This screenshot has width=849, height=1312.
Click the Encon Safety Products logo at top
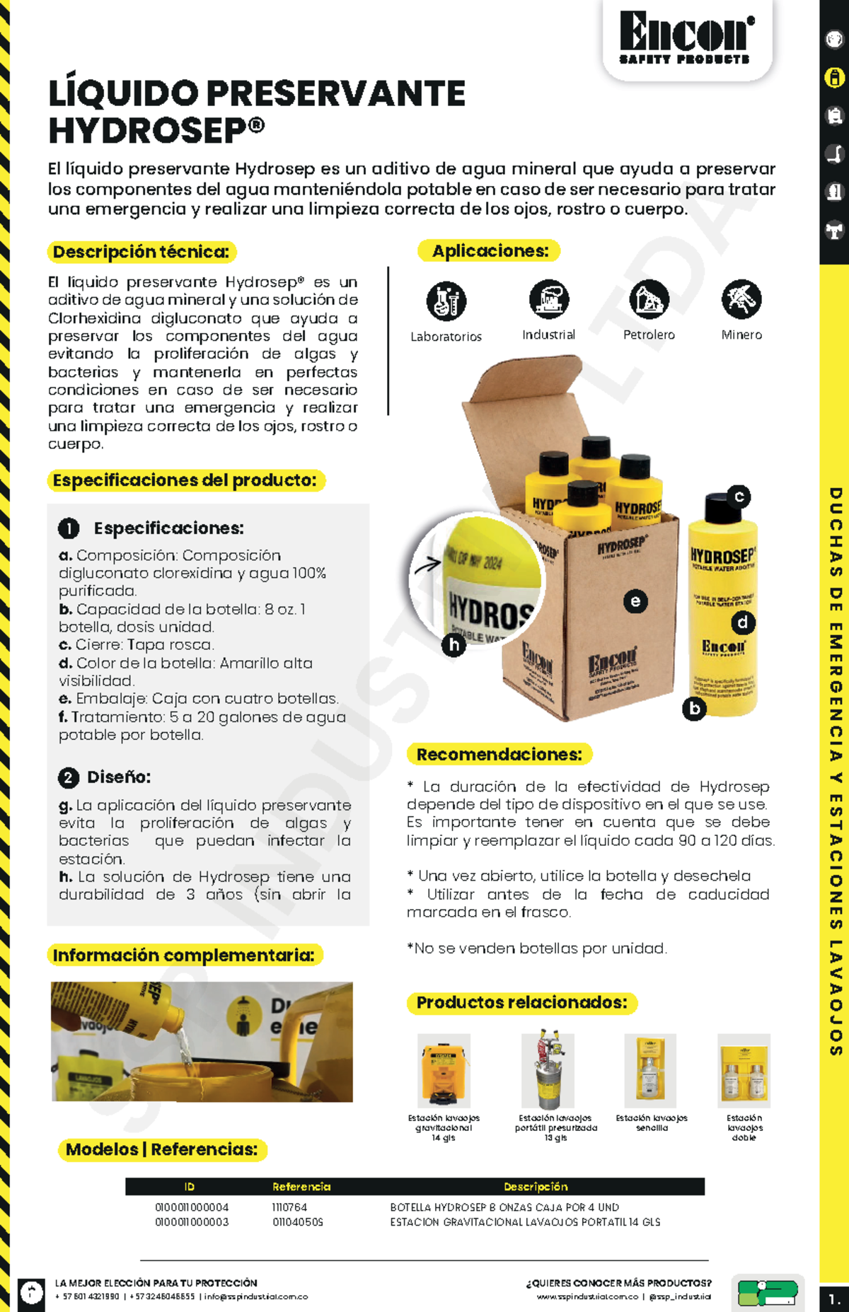point(686,39)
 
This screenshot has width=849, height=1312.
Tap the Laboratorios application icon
point(446,301)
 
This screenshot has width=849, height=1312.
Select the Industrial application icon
point(549,298)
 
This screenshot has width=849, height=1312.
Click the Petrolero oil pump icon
point(649,298)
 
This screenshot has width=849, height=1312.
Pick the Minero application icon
point(741,298)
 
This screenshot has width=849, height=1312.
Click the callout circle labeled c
point(739,497)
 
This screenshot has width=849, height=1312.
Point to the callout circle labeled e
point(635,601)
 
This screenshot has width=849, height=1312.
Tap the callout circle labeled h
point(454,644)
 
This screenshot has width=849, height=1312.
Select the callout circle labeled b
point(695,708)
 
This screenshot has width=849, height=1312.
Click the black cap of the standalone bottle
point(722,508)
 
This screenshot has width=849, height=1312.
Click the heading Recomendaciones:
point(499,755)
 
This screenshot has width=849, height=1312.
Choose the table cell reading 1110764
point(289,1207)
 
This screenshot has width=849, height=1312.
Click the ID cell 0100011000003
point(192,1221)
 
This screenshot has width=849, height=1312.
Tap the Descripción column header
point(536,1186)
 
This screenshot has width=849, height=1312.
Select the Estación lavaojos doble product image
point(744,1070)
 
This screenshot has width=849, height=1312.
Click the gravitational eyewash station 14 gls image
point(444,1070)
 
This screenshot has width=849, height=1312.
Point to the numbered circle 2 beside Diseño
point(68,777)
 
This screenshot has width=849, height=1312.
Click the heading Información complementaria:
point(184,956)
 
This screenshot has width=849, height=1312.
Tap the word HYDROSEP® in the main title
point(156,131)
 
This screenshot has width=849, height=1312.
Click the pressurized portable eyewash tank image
point(547,1070)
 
